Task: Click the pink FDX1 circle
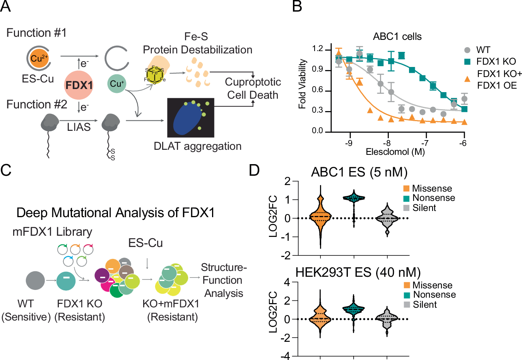click(x=79, y=85)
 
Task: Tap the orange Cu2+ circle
click(x=39, y=59)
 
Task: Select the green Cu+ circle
click(x=116, y=84)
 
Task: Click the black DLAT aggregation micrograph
click(x=190, y=118)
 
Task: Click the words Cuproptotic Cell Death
click(x=253, y=88)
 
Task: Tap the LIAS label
click(x=79, y=127)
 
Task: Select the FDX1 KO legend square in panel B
click(x=467, y=62)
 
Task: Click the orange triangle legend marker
click(x=467, y=79)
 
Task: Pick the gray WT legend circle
click(x=467, y=50)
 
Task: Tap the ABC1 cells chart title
click(x=397, y=37)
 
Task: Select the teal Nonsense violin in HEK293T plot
click(x=354, y=310)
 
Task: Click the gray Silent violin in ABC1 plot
click(x=387, y=219)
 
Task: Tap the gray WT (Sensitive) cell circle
click(x=35, y=281)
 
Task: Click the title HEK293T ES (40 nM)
click(x=358, y=273)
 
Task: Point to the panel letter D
click(x=254, y=170)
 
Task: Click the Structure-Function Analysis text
click(x=224, y=280)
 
